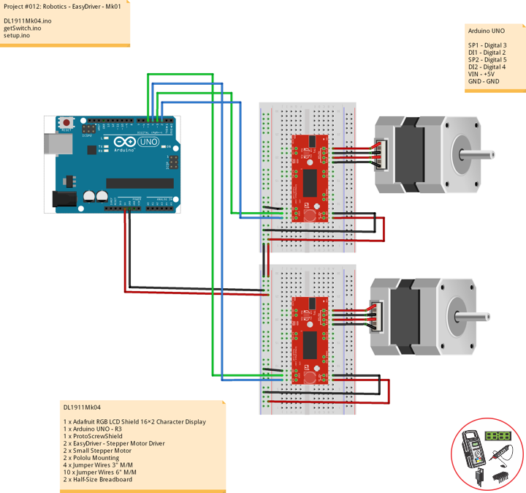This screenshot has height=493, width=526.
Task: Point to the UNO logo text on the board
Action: (x=148, y=142)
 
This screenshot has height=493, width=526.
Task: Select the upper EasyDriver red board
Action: (x=310, y=178)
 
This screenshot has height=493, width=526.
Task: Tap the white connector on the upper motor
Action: (x=381, y=154)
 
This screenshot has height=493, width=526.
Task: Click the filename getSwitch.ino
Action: (x=28, y=28)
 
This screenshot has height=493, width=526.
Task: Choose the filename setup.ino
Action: (x=18, y=35)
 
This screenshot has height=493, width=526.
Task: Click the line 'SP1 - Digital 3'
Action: (x=487, y=45)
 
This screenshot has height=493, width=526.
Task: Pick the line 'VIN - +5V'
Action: (x=481, y=74)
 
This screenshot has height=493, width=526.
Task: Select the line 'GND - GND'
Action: (x=483, y=81)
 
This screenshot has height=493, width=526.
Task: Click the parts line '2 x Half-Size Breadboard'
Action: (x=99, y=479)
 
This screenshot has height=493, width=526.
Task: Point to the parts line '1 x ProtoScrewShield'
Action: (x=93, y=436)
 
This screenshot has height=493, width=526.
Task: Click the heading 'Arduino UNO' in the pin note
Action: (x=486, y=31)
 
